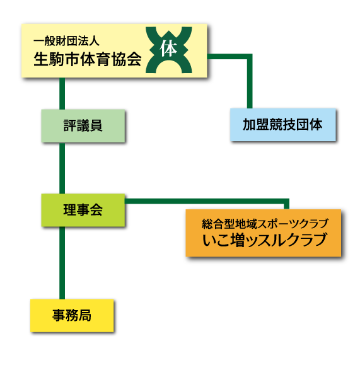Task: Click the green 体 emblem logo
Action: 169,50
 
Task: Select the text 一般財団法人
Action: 66,41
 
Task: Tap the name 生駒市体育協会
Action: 88,59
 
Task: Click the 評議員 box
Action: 83,125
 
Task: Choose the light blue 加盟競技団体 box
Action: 283,125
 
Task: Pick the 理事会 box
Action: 83,210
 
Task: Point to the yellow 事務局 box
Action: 72,315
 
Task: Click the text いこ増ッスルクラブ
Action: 265,240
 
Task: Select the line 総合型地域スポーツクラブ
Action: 265,224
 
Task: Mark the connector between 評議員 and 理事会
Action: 62,168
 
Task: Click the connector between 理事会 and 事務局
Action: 62,263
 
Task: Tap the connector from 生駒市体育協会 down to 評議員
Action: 62,93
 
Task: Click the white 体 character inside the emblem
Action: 168,48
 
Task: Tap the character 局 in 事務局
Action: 85,315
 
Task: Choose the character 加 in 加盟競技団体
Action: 250,125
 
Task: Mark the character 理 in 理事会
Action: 69,210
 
